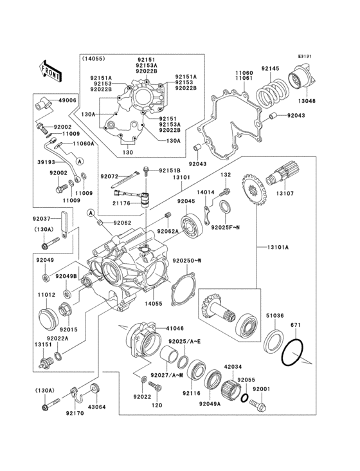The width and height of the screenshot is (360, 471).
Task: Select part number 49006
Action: [x=67, y=101]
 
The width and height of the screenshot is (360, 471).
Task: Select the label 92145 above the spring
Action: [x=270, y=69]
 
